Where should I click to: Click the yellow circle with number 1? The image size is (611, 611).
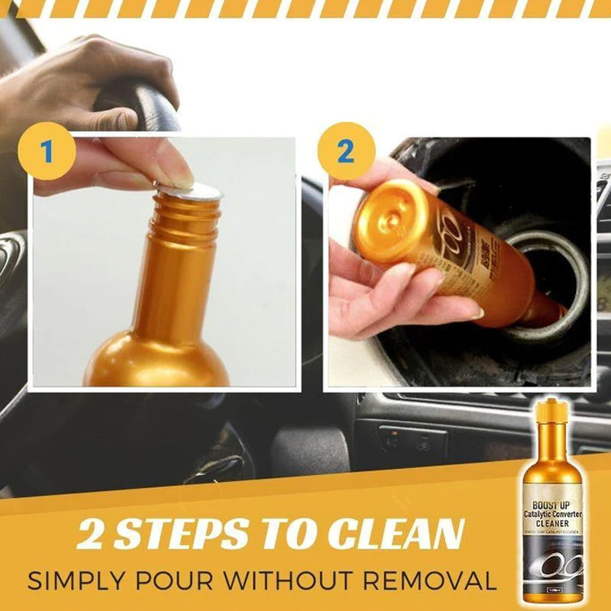tap(47, 151)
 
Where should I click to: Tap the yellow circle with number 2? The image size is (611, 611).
tap(345, 151)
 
